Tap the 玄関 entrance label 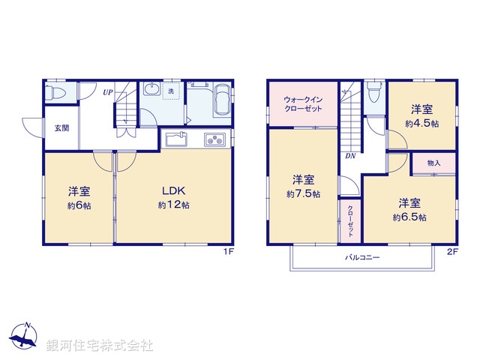(x=61, y=127)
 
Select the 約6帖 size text (x=79, y=205)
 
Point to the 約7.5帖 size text (x=304, y=194)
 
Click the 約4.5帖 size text (x=422, y=124)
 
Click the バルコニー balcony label (x=362, y=257)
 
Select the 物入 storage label (x=433, y=163)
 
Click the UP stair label (x=108, y=93)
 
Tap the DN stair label (x=350, y=157)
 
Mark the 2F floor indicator (x=452, y=251)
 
